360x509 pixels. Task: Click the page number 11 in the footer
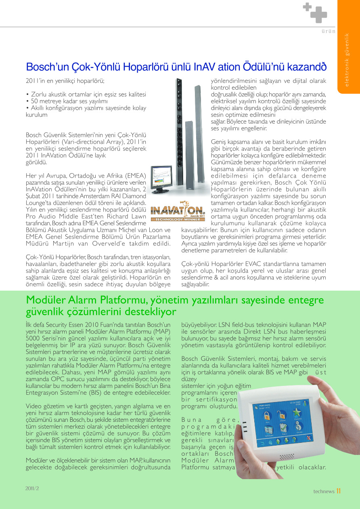coord(338,491)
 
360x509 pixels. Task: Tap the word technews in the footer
coord(324,491)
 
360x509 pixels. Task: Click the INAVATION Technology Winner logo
coord(177,212)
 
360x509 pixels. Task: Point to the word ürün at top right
coord(329,31)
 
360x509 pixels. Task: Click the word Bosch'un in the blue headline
coord(43,66)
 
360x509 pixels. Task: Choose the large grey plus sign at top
coord(319,15)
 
